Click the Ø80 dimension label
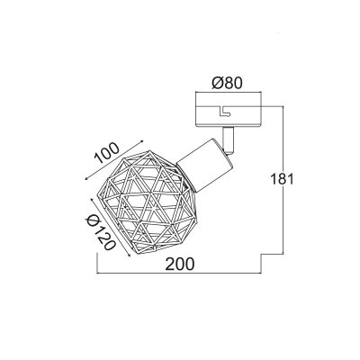click(227, 83)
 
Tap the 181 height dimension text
click(282, 179)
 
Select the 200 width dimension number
click(180, 264)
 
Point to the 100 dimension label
click(107, 153)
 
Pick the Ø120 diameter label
click(100, 232)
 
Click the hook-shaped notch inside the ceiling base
click(224, 112)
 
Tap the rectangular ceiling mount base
click(229, 110)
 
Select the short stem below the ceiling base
click(228, 139)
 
